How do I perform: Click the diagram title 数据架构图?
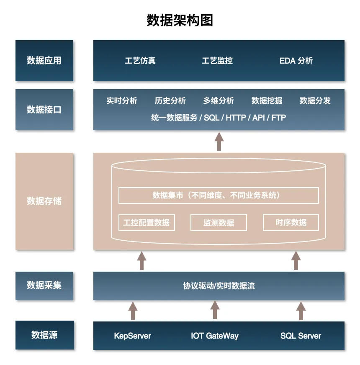[x=180, y=20]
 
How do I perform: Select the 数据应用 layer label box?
[x=44, y=61]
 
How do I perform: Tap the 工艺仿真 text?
[x=140, y=61]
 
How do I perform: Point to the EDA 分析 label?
[x=296, y=61]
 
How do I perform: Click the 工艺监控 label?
[x=217, y=61]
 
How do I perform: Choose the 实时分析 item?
[x=122, y=100]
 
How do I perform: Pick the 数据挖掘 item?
[x=267, y=100]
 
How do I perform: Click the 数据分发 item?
[x=315, y=100]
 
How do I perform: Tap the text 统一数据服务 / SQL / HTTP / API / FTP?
[x=219, y=118]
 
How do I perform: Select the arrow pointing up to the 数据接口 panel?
[x=219, y=141]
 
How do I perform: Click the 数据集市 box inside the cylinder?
[x=219, y=195]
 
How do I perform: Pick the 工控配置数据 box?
[x=147, y=223]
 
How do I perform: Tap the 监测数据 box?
[x=219, y=223]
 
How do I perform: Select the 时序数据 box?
[x=291, y=223]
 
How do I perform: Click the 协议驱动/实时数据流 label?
[x=219, y=286]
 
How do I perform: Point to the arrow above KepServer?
[x=133, y=311]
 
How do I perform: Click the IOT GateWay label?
[x=215, y=336]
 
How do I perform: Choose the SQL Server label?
[x=301, y=336]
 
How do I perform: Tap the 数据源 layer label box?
[x=44, y=335]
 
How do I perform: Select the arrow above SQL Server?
[x=301, y=311]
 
